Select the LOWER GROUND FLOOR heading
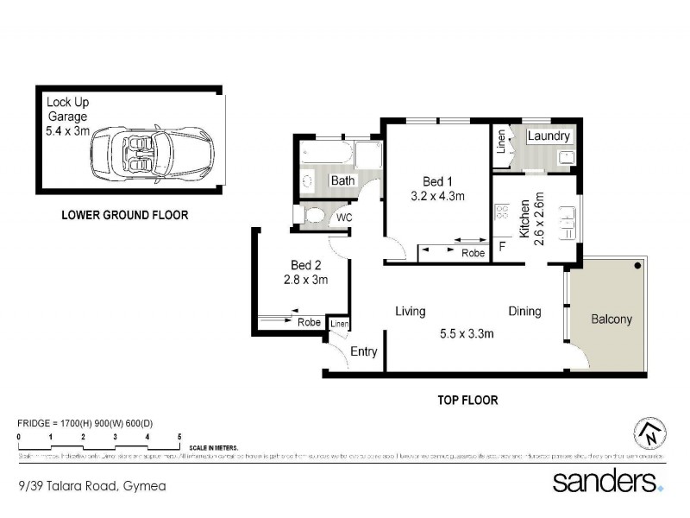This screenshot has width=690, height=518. click(x=124, y=215)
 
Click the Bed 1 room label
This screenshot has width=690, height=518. click(x=437, y=181)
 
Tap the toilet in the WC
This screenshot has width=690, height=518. click(x=313, y=214)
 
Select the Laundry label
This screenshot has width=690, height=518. click(x=548, y=136)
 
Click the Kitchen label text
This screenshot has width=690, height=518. click(x=524, y=220)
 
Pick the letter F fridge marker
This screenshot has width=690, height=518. click(x=502, y=247)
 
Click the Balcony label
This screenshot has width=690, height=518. click(x=611, y=319)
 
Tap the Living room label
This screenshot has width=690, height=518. click(x=412, y=312)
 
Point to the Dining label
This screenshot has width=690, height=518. click(x=524, y=312)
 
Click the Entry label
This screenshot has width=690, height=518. click(x=364, y=351)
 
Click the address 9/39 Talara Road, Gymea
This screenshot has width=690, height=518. click(x=91, y=486)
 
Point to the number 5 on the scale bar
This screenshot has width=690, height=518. click(x=179, y=437)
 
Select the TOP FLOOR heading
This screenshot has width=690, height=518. click(x=468, y=400)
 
